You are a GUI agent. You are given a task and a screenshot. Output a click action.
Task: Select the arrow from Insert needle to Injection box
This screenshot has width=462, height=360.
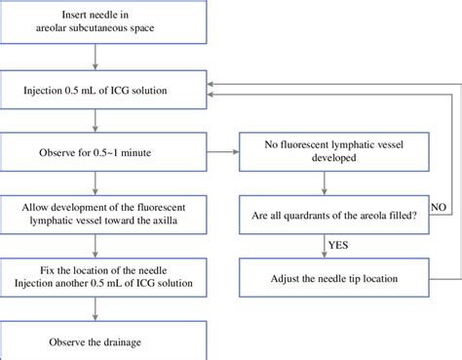(94, 61)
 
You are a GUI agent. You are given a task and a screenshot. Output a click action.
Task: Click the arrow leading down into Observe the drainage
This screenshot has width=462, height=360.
(94, 310)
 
